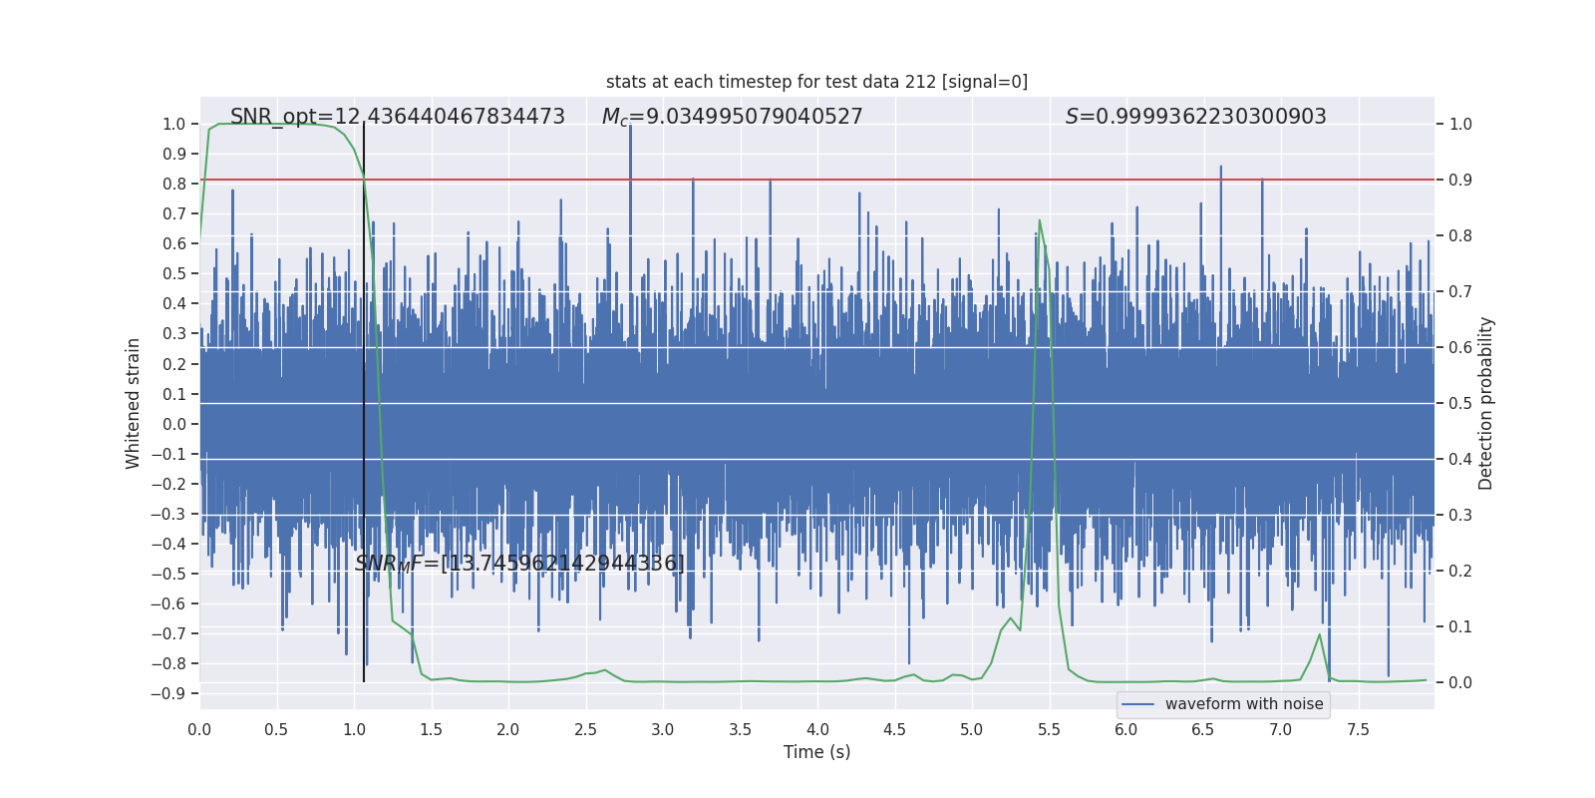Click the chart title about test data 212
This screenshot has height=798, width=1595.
pyautogui.click(x=816, y=82)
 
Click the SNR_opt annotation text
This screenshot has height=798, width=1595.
pyautogui.click(x=397, y=117)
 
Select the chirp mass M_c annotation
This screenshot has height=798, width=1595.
pyautogui.click(x=732, y=117)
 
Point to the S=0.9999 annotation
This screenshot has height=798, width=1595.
pyautogui.click(x=1195, y=117)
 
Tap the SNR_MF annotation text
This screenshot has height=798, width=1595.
pyautogui.click(x=519, y=564)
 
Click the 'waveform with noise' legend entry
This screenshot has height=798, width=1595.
pyautogui.click(x=1243, y=704)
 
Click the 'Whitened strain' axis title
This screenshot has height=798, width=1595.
pyautogui.click(x=134, y=403)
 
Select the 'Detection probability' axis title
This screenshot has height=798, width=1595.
pyautogui.click(x=1486, y=403)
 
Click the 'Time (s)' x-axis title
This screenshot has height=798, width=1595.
pyautogui.click(x=816, y=752)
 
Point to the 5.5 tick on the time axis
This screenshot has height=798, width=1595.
pyautogui.click(x=1049, y=730)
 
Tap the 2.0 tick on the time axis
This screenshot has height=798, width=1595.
pyautogui.click(x=508, y=730)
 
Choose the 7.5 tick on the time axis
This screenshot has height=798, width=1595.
pyautogui.click(x=1358, y=730)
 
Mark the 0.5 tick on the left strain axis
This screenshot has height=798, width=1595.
pyautogui.click(x=174, y=274)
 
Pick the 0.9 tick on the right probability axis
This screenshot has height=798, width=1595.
pyautogui.click(x=1460, y=181)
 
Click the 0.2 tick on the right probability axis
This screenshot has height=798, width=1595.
pyautogui.click(x=1460, y=572)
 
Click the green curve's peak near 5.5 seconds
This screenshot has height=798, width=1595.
pyautogui.click(x=1040, y=221)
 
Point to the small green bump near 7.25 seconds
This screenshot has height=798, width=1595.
pyautogui.click(x=1320, y=634)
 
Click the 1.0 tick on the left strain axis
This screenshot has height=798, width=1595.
pyautogui.click(x=174, y=125)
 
